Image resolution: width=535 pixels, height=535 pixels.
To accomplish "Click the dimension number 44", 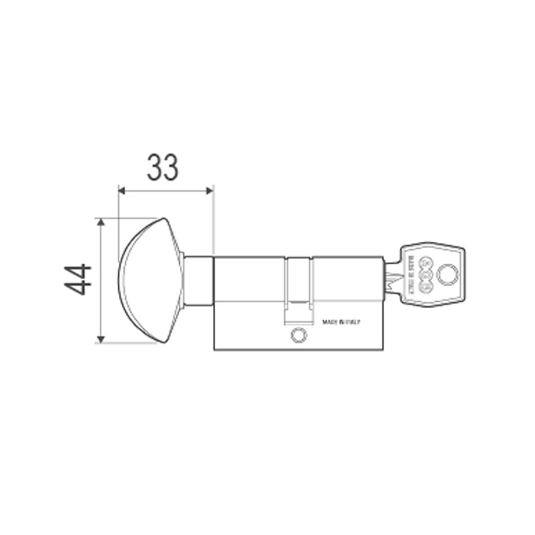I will pyautogui.click(x=78, y=279).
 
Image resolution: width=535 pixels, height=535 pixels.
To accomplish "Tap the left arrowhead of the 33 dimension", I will pyautogui.click(x=121, y=190).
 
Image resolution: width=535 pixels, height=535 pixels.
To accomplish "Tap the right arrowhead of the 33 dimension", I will pyautogui.click(x=210, y=190).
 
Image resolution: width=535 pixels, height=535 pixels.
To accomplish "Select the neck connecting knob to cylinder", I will pyautogui.click(x=199, y=281).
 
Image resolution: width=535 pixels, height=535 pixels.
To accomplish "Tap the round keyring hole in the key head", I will pyautogui.click(x=447, y=276).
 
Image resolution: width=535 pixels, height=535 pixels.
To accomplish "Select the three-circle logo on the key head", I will pyautogui.click(x=426, y=276).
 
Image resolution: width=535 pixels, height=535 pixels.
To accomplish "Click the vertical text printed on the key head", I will pyautogui.click(x=412, y=274).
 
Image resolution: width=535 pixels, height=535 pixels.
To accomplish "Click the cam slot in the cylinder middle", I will pyautogui.click(x=299, y=289).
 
